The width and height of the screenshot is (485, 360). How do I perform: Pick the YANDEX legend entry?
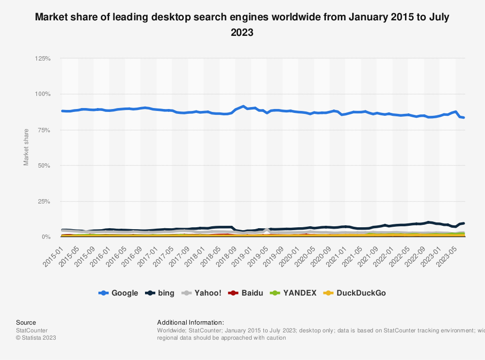click(295, 293)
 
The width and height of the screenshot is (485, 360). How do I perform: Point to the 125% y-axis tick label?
click(43, 59)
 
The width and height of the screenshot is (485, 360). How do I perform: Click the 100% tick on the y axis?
click(43, 94)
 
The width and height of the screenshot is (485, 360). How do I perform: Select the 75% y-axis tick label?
click(44, 130)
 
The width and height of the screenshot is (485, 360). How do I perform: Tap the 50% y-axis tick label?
click(44, 166)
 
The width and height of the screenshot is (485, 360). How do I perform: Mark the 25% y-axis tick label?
click(44, 201)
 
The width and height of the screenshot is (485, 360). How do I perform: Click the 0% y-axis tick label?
click(46, 237)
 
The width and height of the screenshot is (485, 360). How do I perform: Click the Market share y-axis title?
click(26, 147)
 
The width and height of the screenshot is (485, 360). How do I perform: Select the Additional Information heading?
click(191, 322)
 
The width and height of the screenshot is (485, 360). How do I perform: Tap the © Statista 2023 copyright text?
click(36, 338)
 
